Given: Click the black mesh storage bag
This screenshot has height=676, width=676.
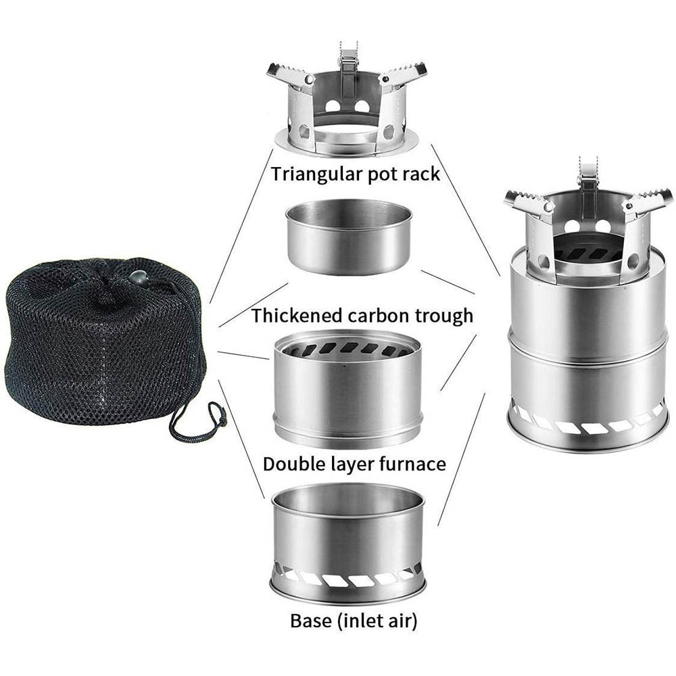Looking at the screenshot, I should pos(101,345).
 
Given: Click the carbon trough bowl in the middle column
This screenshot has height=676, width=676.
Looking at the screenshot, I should pos(349,237).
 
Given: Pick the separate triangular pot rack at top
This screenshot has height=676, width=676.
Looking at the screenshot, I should pos(346,108).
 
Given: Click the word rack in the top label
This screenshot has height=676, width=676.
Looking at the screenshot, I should pos(421,174).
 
